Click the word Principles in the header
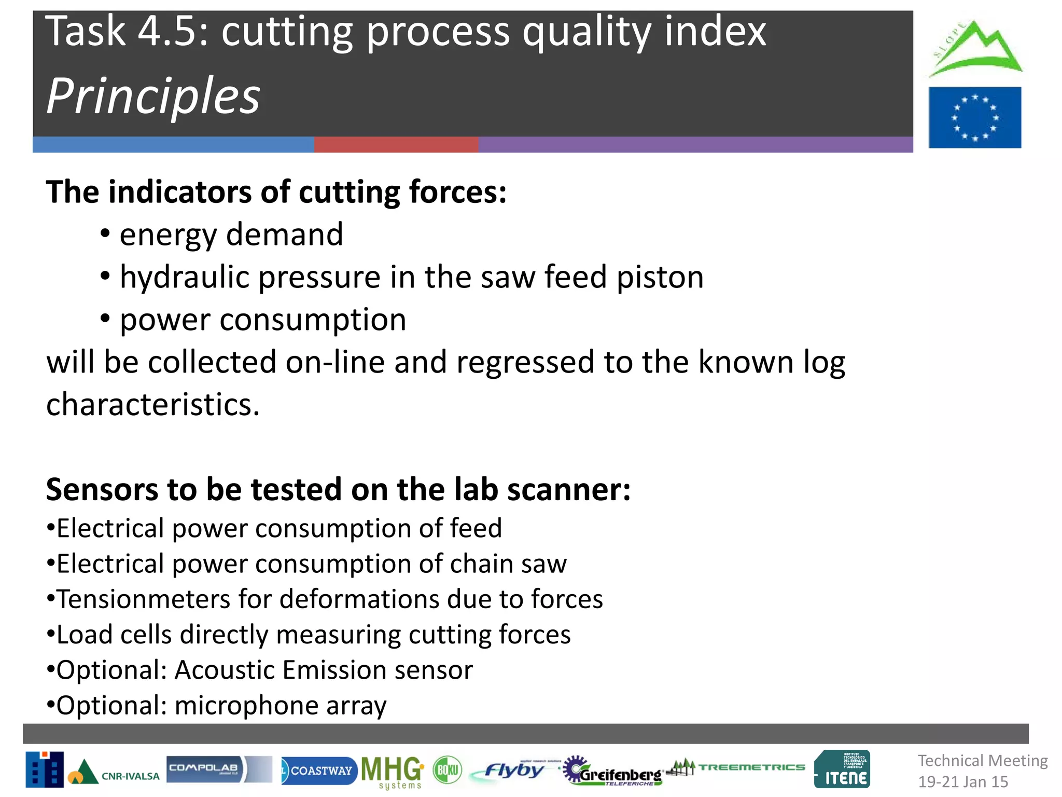pyautogui.click(x=153, y=96)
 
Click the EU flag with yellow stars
pyautogui.click(x=975, y=117)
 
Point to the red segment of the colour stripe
pyautogui.click(x=396, y=145)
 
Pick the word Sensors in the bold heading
pyautogui.click(x=102, y=489)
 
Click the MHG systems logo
pyautogui.click(x=393, y=771)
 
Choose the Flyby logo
pyautogui.click(x=513, y=771)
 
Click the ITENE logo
pyautogui.click(x=842, y=769)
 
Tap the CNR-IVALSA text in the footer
pyautogui.click(x=130, y=776)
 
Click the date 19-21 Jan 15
pyautogui.click(x=963, y=781)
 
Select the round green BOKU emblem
pyautogui.click(x=447, y=769)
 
